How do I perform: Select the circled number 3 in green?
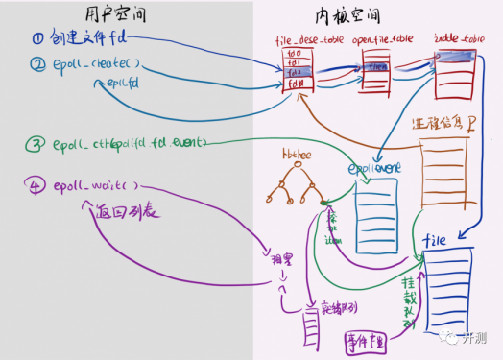(35, 144)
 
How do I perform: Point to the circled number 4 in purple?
(36, 184)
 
